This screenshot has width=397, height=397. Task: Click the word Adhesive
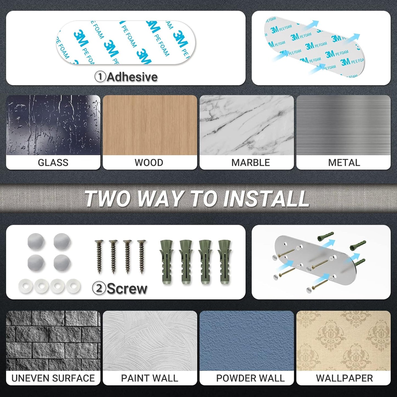(132, 77)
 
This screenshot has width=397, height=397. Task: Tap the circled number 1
(100, 77)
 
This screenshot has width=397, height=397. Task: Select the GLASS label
(53, 163)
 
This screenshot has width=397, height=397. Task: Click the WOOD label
(149, 163)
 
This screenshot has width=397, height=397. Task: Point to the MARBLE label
(251, 163)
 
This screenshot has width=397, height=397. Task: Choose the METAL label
(344, 163)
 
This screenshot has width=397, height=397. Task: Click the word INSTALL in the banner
(266, 199)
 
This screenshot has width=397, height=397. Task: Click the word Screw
(127, 289)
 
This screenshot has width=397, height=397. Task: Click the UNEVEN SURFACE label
(53, 378)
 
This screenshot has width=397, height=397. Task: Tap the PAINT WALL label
(149, 378)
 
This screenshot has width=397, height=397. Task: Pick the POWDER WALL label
(250, 378)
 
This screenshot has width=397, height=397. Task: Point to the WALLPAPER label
(345, 378)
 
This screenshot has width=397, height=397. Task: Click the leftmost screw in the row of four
(99, 257)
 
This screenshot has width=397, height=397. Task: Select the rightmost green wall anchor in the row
(224, 262)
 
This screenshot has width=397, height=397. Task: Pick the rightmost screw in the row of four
(141, 257)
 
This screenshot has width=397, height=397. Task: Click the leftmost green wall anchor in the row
(167, 262)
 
